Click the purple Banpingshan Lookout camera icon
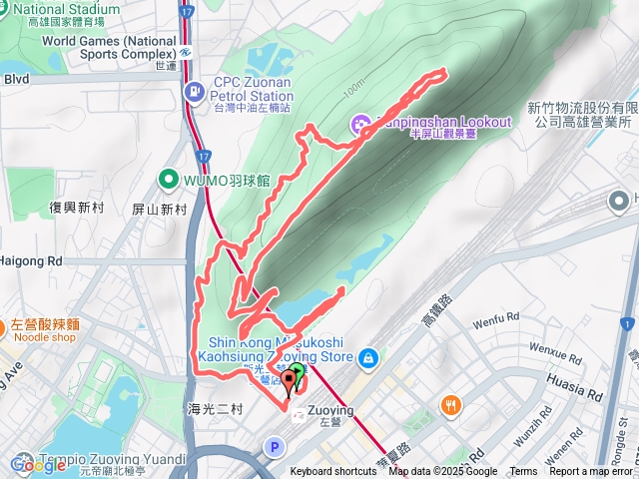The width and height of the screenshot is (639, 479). [x=359, y=123]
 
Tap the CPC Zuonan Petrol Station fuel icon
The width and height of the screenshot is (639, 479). [x=193, y=91]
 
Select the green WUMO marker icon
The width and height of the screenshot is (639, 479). [x=168, y=180]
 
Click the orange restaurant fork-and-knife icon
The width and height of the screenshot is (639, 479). [x=450, y=405]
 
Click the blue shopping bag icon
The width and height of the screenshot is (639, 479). [x=368, y=356]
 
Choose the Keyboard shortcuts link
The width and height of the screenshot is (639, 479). [x=333, y=472]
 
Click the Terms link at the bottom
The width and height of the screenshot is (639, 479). [x=523, y=472]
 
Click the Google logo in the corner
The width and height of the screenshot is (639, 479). [x=37, y=465]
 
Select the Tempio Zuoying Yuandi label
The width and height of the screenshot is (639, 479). [x=100, y=458]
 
